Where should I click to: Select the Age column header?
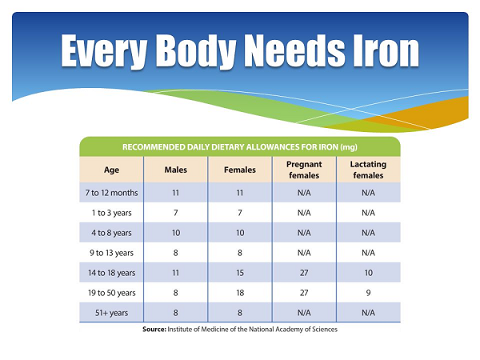click(111, 170)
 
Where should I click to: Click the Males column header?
click(175, 170)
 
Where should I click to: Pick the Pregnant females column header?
click(304, 170)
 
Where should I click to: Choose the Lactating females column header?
click(368, 170)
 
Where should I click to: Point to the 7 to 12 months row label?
click(111, 193)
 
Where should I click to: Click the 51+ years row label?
click(111, 313)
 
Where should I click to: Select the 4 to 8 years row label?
click(111, 233)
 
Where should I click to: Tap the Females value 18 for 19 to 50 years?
click(240, 293)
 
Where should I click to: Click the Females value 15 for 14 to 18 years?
click(240, 273)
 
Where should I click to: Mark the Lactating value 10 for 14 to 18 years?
click(368, 273)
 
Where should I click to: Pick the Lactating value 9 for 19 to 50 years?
click(368, 293)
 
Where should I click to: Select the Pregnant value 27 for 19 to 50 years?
click(304, 293)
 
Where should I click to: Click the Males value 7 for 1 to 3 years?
click(175, 213)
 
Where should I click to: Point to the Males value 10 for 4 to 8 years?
click(175, 233)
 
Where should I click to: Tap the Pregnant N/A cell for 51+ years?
click(304, 313)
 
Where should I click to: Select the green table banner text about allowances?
click(239, 146)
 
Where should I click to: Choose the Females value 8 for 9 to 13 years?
click(240, 253)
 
